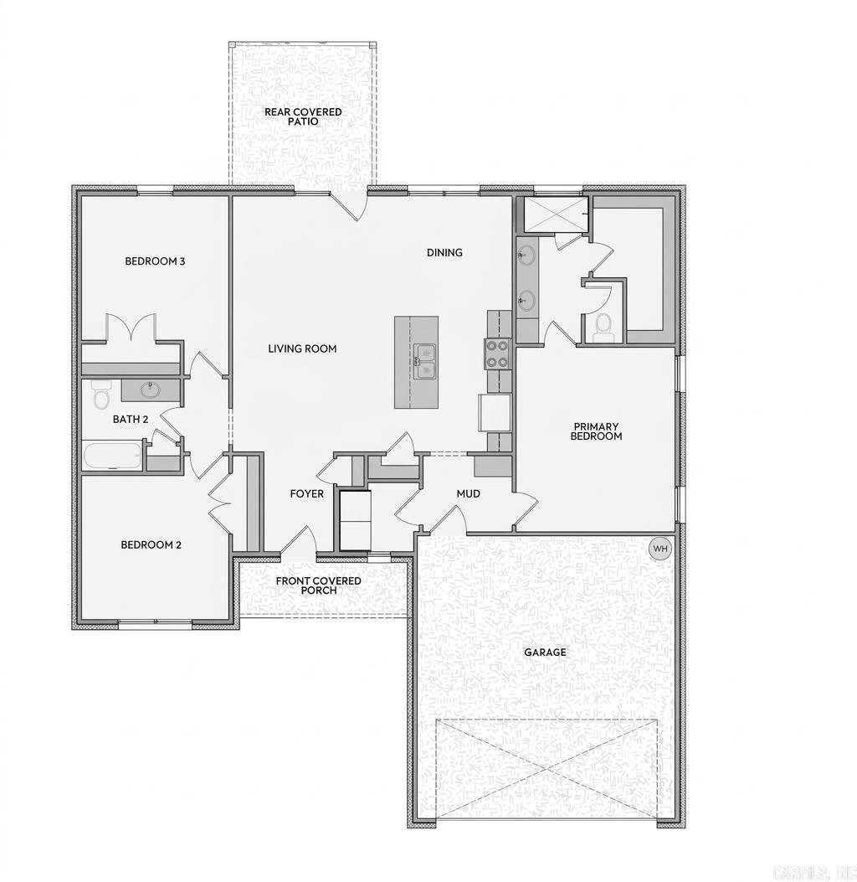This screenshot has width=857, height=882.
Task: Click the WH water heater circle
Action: [660, 549]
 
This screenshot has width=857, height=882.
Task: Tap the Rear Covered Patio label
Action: [303, 116]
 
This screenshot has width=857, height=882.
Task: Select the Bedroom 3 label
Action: [155, 261]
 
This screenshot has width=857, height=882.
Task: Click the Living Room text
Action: [302, 348]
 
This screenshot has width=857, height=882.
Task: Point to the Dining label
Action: [444, 253]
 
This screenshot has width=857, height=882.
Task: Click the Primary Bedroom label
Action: [596, 431]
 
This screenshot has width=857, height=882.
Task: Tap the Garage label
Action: [545, 652]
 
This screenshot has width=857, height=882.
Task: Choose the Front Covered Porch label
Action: [319, 585]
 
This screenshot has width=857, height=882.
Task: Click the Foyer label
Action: [306, 494]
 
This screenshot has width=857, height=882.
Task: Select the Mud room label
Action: [468, 494]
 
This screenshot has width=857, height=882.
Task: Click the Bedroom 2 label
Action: [151, 545]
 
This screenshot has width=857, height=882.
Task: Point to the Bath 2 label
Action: [131, 419]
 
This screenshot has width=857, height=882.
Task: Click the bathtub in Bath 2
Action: [113, 456]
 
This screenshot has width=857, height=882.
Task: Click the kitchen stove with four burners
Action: [497, 353]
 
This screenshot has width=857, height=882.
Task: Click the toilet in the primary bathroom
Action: [603, 328]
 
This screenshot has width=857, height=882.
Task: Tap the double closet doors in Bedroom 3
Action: [131, 328]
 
